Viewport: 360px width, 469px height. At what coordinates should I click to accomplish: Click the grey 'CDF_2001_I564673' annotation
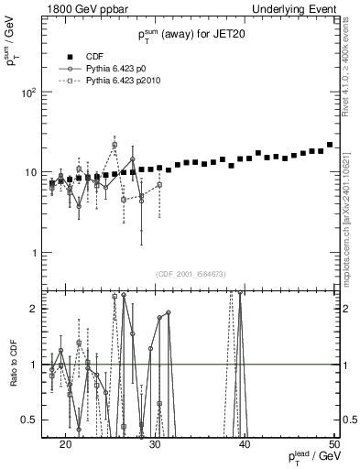coord(191,274)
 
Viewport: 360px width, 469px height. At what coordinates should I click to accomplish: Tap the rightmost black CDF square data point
coord(330,145)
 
